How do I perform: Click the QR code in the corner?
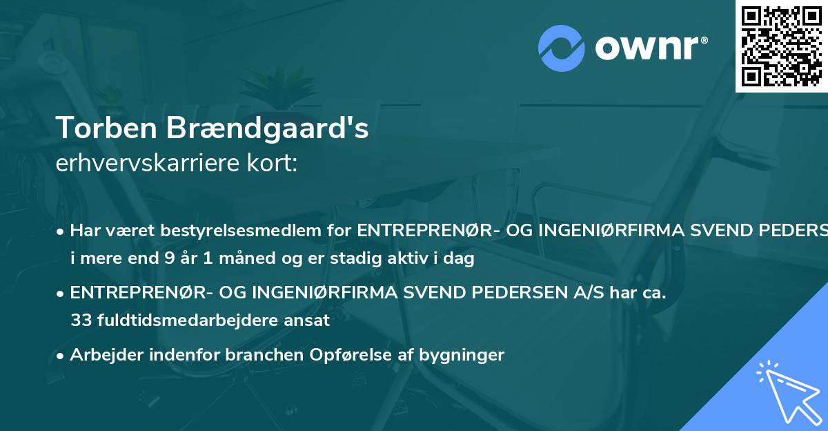pos(782,46)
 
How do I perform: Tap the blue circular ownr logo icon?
pos(561,48)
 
